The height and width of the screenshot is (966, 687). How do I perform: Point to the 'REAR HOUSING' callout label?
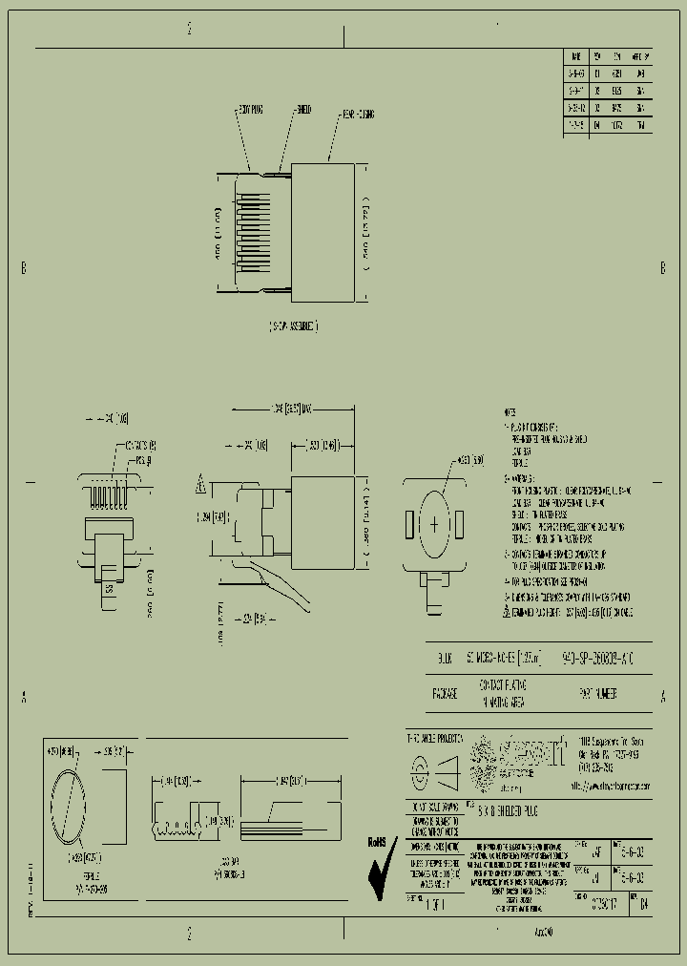(358, 115)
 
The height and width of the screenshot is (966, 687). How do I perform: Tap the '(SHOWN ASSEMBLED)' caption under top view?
(293, 326)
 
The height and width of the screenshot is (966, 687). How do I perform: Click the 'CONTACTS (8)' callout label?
(141, 445)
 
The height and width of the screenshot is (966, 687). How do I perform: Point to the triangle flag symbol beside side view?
(201, 485)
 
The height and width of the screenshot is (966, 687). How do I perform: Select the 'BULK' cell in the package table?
(445, 658)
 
